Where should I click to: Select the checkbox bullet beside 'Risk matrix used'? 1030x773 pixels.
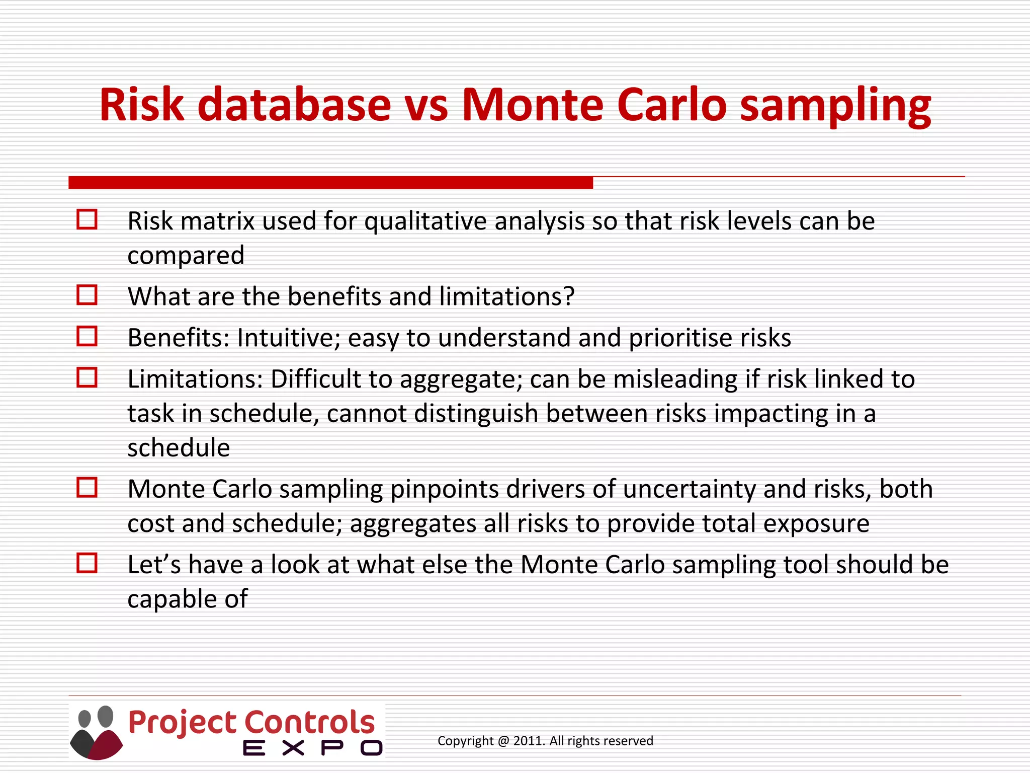tap(87, 220)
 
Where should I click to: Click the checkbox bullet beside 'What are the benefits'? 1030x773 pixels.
tap(87, 295)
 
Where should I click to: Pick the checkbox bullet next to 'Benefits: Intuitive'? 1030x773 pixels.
tap(87, 336)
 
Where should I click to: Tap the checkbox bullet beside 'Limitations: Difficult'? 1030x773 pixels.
tap(87, 377)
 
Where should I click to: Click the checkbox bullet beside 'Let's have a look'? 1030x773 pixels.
tap(87, 563)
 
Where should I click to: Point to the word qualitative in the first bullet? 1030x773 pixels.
tap(425, 221)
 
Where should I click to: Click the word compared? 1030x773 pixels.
tap(186, 256)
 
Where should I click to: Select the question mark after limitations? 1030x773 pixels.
tap(569, 296)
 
